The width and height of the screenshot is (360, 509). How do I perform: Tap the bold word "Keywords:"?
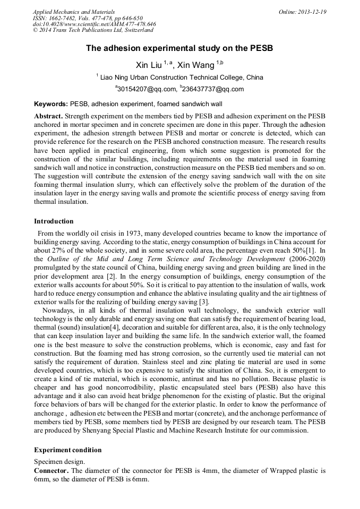point(51,104)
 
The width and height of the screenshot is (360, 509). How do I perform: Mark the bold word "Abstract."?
point(49,116)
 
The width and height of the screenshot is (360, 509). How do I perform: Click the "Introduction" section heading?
point(54,221)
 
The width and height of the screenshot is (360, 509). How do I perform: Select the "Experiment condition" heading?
point(67,450)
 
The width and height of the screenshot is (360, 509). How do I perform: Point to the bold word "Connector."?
point(51,471)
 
